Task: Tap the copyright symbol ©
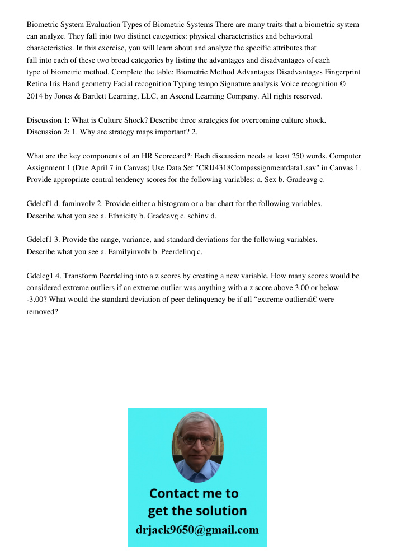click(356, 84)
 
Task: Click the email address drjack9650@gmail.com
click(197, 529)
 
